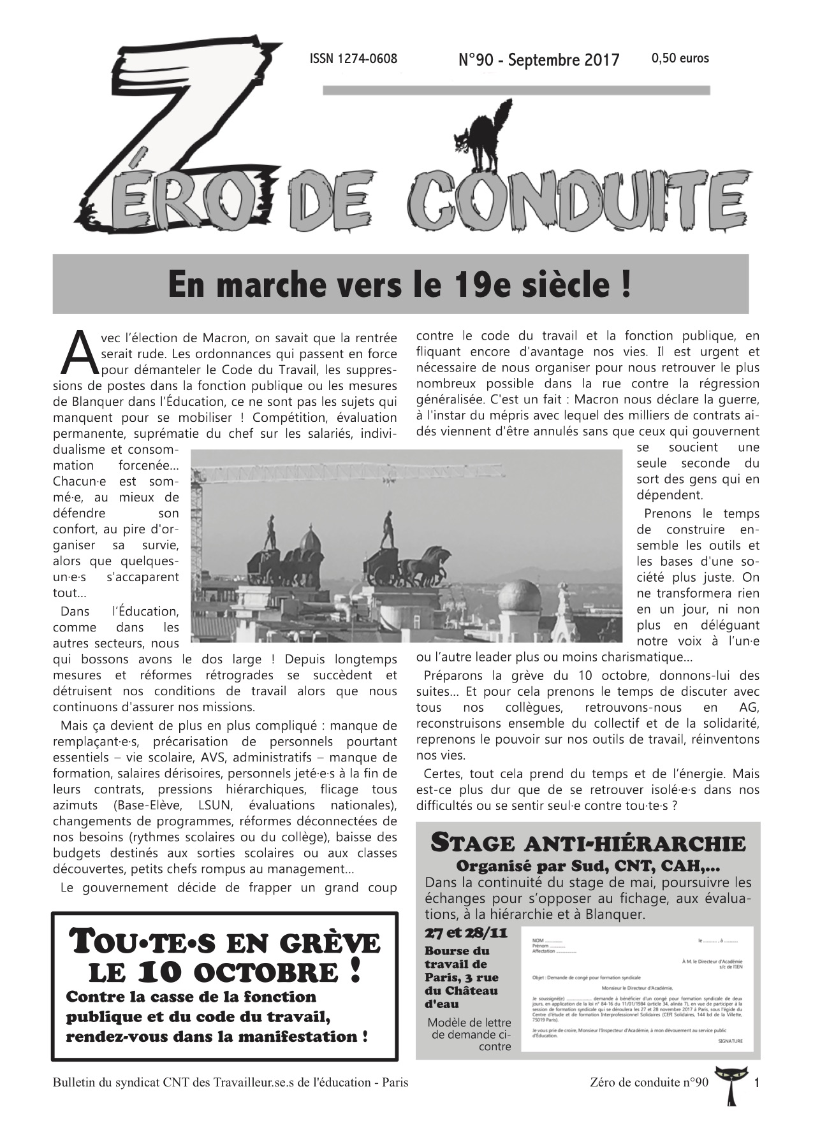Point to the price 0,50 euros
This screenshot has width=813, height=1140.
point(680,59)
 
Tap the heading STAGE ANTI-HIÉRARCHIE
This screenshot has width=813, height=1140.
point(588,843)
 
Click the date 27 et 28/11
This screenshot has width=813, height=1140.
point(466,934)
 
